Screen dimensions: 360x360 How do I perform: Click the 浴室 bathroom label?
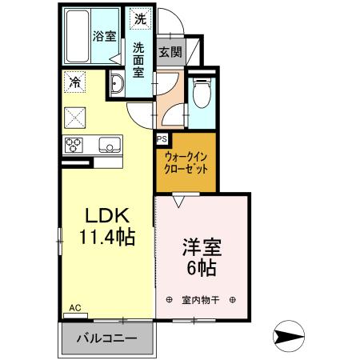103,36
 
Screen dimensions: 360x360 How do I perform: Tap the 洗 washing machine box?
140,18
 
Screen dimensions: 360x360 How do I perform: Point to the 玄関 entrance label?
169,52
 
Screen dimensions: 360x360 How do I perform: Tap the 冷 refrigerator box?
74,81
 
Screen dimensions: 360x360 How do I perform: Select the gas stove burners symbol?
74,145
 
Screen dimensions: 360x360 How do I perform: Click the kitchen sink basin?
109,145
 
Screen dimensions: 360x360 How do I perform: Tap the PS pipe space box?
161,138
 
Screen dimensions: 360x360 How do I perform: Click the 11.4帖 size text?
106,237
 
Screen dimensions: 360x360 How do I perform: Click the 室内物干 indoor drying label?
200,300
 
